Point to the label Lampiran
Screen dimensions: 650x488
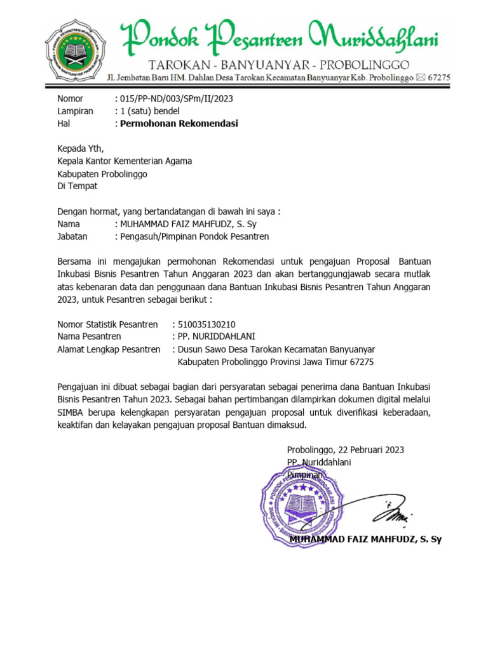point(75,111)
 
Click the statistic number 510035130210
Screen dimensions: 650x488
point(208,324)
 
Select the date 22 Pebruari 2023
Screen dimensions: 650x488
point(372,450)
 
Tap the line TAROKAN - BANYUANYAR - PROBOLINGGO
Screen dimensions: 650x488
point(278,65)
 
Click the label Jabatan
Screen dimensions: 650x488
point(72,237)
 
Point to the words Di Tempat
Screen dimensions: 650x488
point(78,187)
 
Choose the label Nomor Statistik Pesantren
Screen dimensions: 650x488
point(107,324)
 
